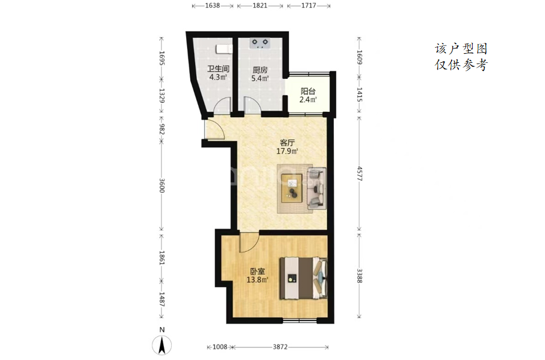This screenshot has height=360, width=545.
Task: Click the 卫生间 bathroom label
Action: pyautogui.click(x=218, y=69)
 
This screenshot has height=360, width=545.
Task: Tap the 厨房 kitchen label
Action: pyautogui.click(x=260, y=70)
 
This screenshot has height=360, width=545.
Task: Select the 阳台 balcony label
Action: pyautogui.click(x=308, y=91)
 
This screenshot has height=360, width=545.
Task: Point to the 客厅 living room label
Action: pyautogui.click(x=287, y=143)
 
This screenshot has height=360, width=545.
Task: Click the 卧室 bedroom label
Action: pyautogui.click(x=258, y=271)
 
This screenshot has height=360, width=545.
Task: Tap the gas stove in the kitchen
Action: pyautogui.click(x=260, y=43)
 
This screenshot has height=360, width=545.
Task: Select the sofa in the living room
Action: pyautogui.click(x=316, y=189)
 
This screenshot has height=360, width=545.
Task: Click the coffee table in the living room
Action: pyautogui.click(x=293, y=188)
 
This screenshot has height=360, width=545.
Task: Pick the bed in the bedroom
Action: pyautogui.click(x=304, y=278)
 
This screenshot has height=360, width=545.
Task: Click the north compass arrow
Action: pyautogui.click(x=162, y=346)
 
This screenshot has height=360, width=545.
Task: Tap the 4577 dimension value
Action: pyautogui.click(x=360, y=173)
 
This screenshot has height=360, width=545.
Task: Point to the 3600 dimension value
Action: pyautogui.click(x=162, y=185)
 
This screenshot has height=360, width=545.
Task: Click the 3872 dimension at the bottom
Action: pyautogui.click(x=280, y=347)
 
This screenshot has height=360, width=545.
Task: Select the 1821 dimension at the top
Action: pyautogui.click(x=260, y=5)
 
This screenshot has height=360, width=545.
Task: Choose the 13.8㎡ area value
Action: pyautogui.click(x=258, y=280)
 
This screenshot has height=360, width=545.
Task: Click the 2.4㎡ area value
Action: pyautogui.click(x=308, y=100)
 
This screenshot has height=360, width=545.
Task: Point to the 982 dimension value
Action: pyautogui.click(x=162, y=129)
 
